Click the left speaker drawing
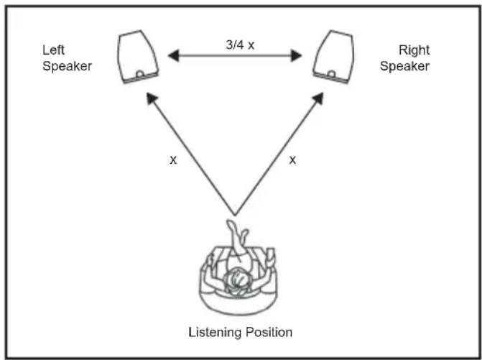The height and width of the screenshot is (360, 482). [138, 57]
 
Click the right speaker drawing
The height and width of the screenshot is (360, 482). [334, 57]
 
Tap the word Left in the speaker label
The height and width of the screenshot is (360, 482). [53, 50]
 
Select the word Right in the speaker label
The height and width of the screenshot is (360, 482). [414, 50]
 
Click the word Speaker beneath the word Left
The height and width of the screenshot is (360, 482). [67, 66]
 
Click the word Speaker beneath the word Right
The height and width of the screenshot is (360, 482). [404, 66]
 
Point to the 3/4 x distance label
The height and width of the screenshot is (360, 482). [240, 45]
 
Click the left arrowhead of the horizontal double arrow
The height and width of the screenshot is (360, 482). [173, 55]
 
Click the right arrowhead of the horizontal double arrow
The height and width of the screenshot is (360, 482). [297, 55]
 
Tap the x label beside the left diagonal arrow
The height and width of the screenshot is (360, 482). [173, 160]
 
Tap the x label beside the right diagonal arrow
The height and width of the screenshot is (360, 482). [292, 160]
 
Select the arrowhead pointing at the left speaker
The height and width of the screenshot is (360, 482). [152, 98]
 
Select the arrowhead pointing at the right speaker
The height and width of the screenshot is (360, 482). [318, 98]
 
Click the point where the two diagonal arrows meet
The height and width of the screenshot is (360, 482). [235, 215]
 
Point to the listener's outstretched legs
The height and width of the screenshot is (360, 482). [238, 239]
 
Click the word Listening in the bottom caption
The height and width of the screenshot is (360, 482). [214, 333]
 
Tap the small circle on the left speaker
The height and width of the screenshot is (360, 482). [140, 74]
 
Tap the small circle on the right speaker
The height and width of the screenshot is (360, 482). [331, 74]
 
